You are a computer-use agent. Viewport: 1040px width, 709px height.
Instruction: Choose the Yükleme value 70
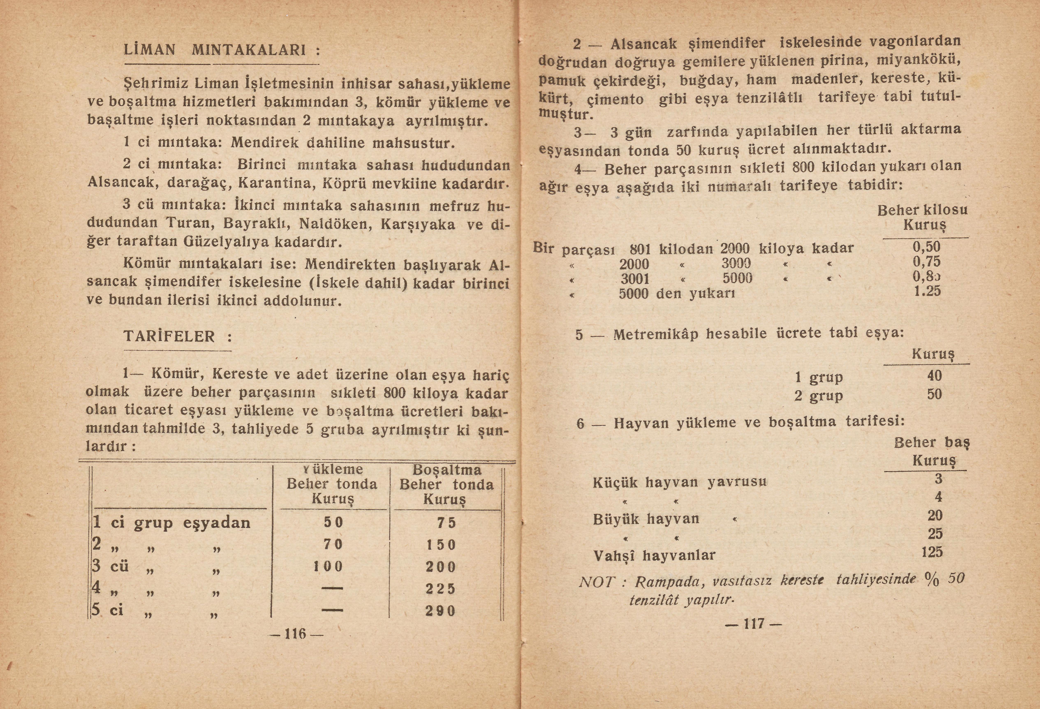[x=333, y=544]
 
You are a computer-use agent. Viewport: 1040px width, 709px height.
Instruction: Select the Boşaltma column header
[x=446, y=484]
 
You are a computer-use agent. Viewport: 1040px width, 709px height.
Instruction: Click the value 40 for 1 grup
[x=934, y=375]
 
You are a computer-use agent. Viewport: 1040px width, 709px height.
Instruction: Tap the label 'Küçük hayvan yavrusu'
[x=679, y=482]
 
